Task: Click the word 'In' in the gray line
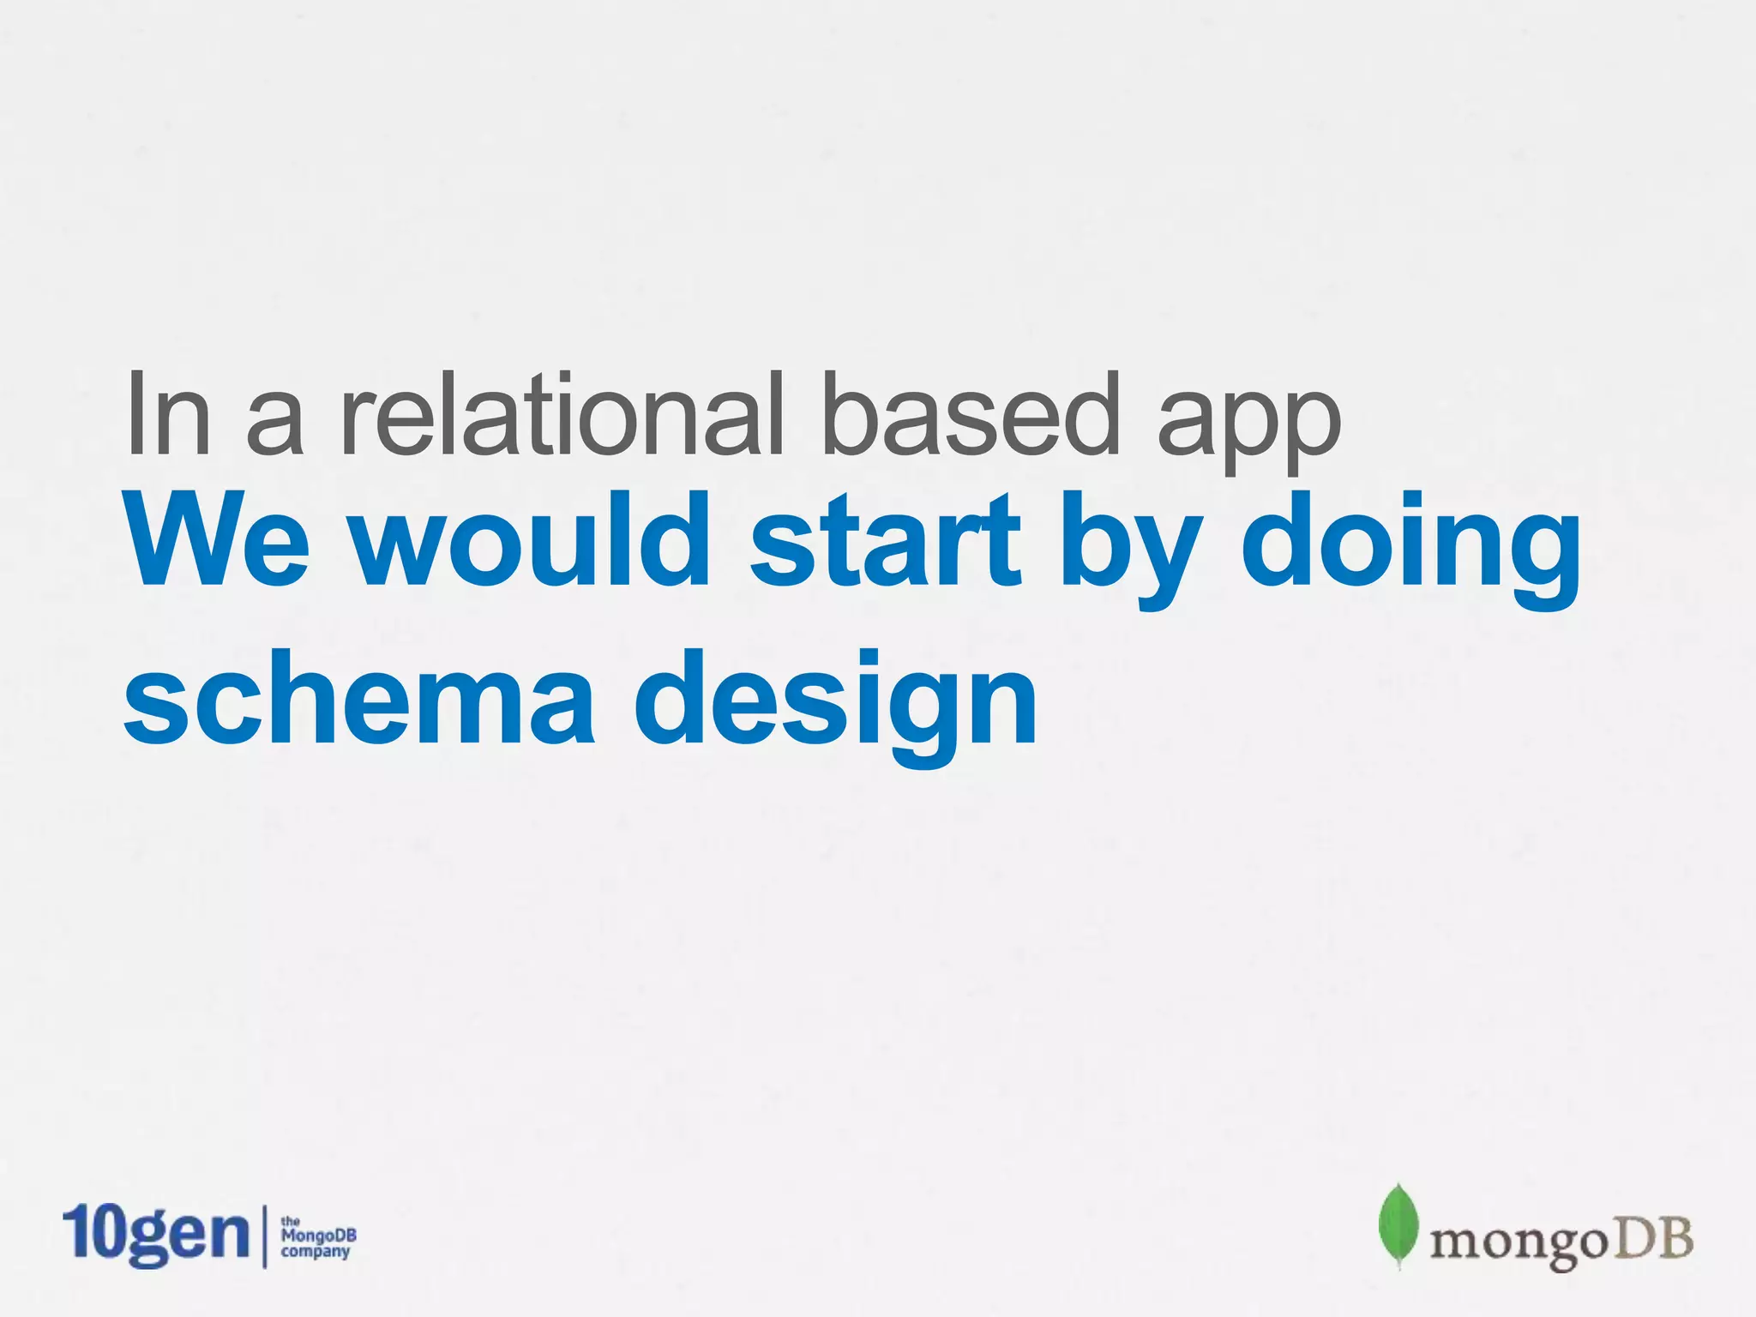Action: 168,415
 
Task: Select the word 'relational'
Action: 562,415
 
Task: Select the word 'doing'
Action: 1410,549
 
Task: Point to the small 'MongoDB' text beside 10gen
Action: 318,1236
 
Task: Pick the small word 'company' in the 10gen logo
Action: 316,1252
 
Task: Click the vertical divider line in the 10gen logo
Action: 264,1236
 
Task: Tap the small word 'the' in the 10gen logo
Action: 291,1221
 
